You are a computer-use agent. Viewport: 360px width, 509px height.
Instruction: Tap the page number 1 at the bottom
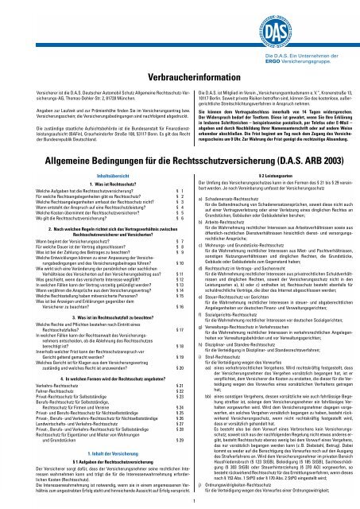pos(180,501)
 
